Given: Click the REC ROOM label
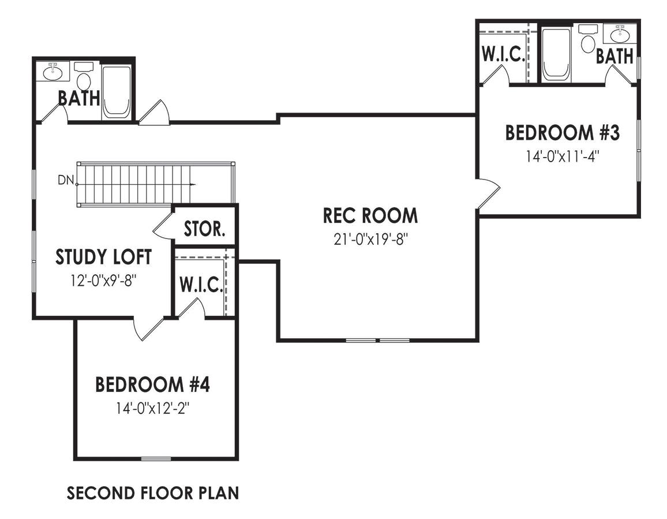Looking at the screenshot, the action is tap(370, 216).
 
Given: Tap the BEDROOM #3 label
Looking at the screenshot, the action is tap(562, 132).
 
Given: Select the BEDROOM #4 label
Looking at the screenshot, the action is tap(152, 384).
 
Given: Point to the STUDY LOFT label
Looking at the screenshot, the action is tap(104, 257).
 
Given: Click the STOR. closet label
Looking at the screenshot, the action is tap(204, 229).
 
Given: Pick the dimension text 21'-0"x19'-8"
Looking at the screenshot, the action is tap(370, 238).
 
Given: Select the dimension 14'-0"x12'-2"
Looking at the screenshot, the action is tap(152, 408).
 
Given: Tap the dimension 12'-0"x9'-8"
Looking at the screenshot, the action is tap(104, 281).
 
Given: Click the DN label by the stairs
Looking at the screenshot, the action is tap(65, 180).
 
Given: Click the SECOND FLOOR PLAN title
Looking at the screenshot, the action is tap(152, 494).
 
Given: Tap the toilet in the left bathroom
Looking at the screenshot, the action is tap(84, 79).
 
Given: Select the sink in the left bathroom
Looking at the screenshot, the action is tap(53, 72).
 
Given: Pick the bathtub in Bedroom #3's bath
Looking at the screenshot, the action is tap(557, 54).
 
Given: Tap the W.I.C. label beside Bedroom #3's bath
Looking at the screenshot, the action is tap(503, 55).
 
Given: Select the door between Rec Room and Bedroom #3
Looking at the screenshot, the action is tap(488, 193).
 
